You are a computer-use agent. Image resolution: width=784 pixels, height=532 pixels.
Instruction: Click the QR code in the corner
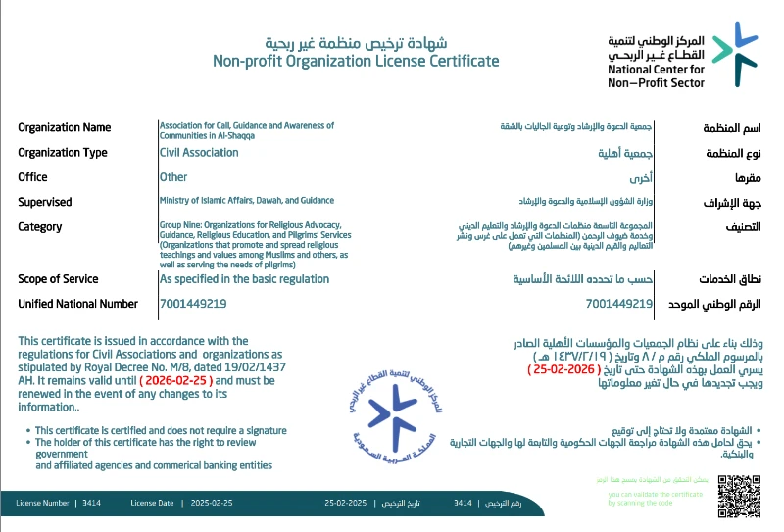739,495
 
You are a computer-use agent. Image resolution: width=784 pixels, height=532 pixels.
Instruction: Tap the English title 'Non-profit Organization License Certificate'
356,62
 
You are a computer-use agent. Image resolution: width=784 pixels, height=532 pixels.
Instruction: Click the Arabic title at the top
356,43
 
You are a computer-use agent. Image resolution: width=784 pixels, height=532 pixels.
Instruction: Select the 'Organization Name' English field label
65,127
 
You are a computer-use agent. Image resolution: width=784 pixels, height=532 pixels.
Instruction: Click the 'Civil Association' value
199,153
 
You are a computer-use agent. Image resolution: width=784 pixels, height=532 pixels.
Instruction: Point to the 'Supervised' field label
45,202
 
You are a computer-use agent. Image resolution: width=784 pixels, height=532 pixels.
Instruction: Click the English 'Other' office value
173,177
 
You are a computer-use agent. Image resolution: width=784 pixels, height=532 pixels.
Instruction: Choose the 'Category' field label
40,227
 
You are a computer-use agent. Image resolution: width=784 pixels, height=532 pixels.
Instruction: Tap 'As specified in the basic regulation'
244,279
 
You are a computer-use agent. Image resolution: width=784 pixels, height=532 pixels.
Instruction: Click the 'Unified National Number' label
78,305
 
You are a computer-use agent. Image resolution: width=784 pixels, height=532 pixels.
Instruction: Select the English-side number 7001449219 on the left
193,305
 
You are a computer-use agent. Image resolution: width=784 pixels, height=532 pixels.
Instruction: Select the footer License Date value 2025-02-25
212,502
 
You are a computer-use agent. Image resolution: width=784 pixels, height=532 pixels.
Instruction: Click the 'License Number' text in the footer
42,502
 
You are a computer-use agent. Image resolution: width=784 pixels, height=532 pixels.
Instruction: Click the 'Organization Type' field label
63,153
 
